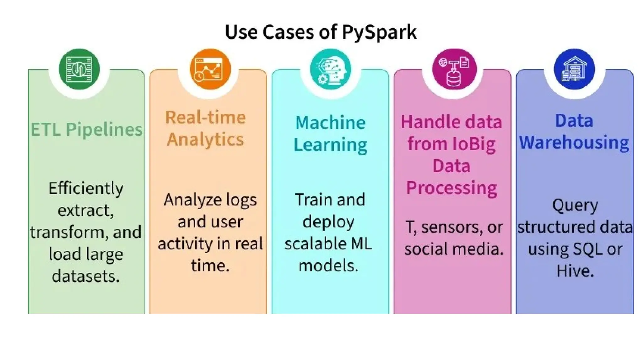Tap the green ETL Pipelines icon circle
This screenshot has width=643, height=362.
(79, 69)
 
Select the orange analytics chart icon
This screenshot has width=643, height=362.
(210, 69)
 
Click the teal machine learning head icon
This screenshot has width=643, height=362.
(330, 69)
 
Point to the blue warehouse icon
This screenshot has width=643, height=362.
(574, 69)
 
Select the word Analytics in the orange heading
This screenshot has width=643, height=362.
(205, 139)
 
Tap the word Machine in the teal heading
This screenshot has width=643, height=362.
(330, 122)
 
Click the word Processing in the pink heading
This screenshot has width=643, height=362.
(451, 188)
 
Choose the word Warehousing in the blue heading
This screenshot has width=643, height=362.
(574, 142)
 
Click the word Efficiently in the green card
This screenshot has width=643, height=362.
(86, 189)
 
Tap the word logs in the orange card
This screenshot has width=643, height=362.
(241, 200)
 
